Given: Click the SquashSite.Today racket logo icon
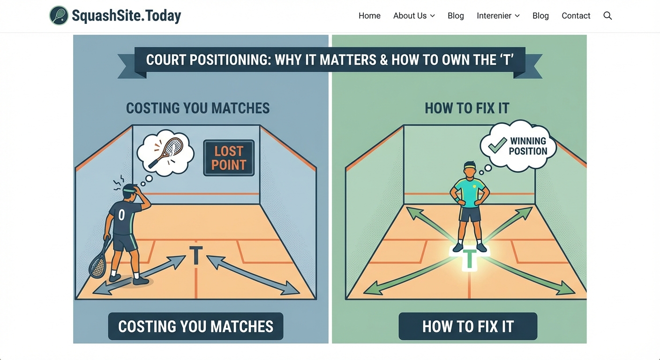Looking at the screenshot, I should pyautogui.click(x=59, y=15).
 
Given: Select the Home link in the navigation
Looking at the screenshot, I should pyautogui.click(x=369, y=16).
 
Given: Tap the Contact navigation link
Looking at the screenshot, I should pyautogui.click(x=576, y=16).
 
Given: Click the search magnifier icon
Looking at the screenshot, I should pyautogui.click(x=607, y=16).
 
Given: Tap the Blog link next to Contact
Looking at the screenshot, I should pyautogui.click(x=540, y=16).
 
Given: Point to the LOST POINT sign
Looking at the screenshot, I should pyautogui.click(x=229, y=158).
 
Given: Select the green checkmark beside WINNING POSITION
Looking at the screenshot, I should pyautogui.click(x=497, y=145).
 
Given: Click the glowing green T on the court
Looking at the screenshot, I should pyautogui.click(x=469, y=259).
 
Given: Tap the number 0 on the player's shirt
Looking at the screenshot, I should pyautogui.click(x=121, y=215).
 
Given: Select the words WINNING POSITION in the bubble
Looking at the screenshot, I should pyautogui.click(x=528, y=146).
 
